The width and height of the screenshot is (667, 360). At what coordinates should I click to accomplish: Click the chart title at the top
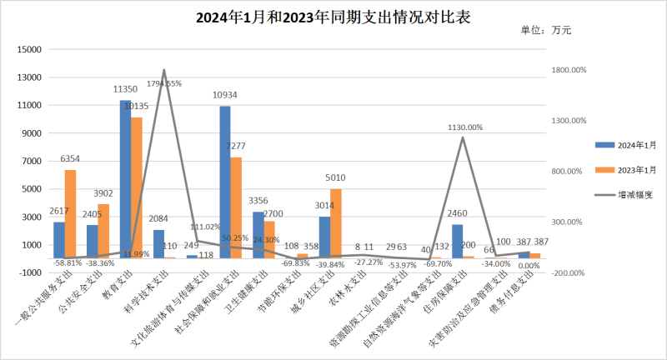(333, 17)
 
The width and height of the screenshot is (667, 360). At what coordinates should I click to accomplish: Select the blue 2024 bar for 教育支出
(125, 183)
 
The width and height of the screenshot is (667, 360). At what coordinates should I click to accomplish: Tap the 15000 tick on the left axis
(30, 50)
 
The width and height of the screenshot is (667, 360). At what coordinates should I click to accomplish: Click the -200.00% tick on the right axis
(565, 272)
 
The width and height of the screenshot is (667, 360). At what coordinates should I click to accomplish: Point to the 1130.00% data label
(464, 127)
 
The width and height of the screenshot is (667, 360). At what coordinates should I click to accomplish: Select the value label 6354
(70, 158)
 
